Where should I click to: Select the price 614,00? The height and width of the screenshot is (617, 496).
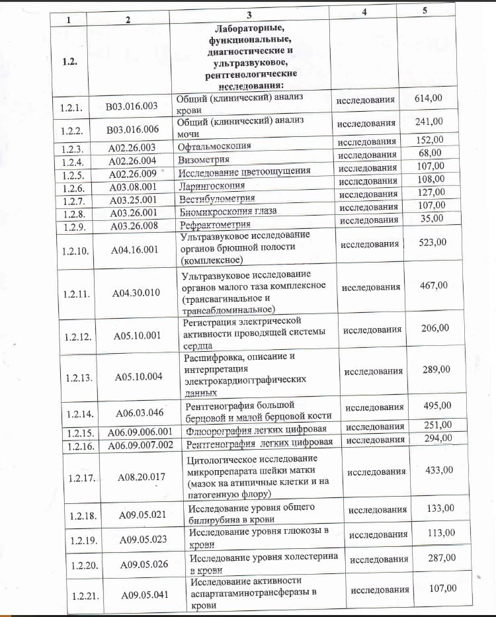[x=428, y=99]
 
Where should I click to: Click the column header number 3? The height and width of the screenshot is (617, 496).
[x=249, y=14]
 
